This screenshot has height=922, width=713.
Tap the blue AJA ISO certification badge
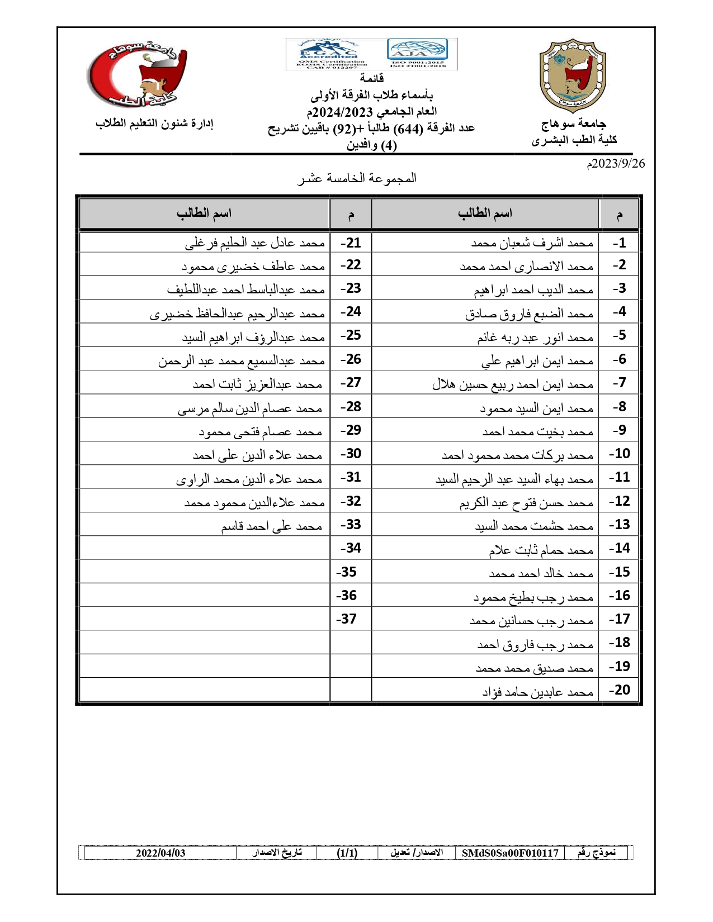tap(417, 50)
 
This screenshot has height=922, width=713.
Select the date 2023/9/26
tap(616, 163)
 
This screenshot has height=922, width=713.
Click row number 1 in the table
tap(619, 243)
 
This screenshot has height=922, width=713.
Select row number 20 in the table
tap(619, 690)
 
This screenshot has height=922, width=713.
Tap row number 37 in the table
tap(346, 619)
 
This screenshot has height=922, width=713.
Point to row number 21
tap(351, 243)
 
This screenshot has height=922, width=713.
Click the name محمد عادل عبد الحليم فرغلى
tap(255, 243)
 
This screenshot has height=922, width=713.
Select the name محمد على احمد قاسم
tap(271, 526)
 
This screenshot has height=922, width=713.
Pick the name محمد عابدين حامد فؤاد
tap(537, 692)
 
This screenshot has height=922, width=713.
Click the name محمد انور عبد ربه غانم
tap(535, 338)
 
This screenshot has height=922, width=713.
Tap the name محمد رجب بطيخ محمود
tap(533, 597)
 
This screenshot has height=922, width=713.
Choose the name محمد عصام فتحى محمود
tap(261, 431)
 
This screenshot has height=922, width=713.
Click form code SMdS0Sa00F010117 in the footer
tap(510, 853)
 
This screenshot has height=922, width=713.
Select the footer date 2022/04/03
tap(160, 853)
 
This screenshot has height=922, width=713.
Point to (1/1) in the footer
tap(347, 853)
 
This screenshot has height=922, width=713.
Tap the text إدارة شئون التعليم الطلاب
tap(154, 123)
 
